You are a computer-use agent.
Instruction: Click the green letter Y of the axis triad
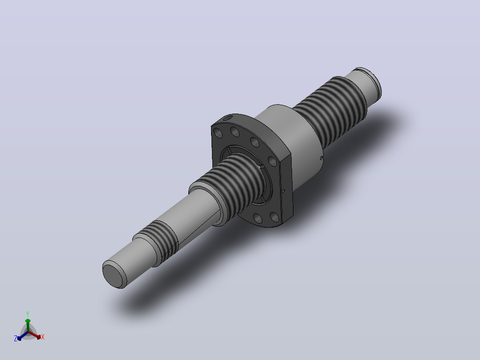28,314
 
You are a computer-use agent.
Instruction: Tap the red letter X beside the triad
43,337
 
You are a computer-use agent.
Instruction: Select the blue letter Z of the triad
15,338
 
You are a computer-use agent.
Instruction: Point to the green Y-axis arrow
28,325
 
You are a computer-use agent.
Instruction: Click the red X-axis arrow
35,335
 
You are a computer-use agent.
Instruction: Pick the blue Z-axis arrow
23,335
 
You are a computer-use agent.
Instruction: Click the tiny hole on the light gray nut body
321,158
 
